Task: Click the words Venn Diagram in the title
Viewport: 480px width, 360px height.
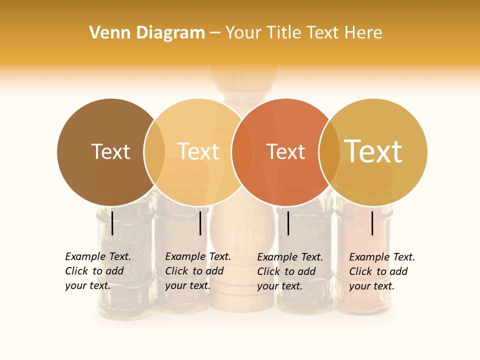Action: (147, 33)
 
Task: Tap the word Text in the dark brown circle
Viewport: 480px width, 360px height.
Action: (110, 152)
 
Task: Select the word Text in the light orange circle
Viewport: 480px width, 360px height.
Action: (198, 152)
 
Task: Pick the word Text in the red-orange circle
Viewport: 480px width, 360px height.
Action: (285, 152)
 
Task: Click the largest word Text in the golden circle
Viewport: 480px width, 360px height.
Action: (373, 151)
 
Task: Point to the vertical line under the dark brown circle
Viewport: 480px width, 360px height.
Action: (112, 223)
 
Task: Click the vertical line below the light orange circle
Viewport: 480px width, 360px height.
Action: (200, 223)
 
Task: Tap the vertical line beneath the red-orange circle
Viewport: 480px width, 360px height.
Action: (288, 223)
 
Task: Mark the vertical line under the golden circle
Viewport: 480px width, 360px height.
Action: (372, 223)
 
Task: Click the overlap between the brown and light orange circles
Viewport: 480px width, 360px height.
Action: (154, 152)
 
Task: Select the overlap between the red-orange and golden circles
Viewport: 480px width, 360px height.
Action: (329, 152)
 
